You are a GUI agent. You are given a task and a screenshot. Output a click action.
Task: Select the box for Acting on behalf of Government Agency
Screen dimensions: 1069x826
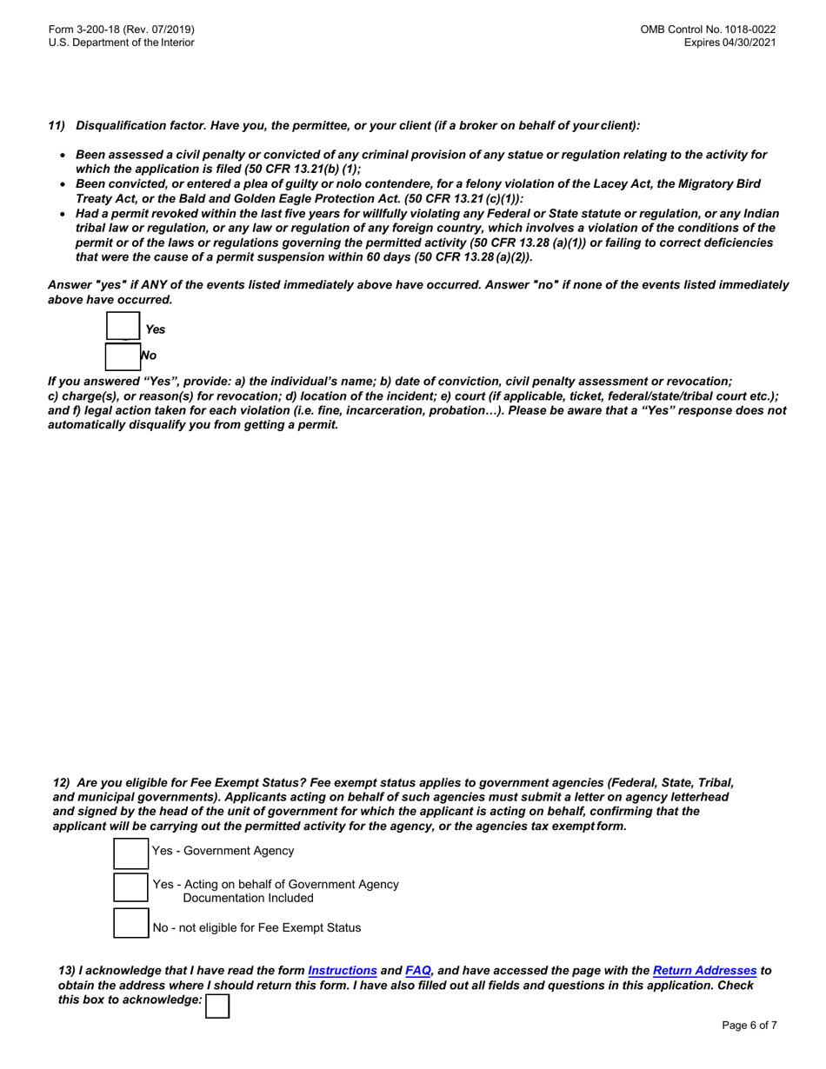tap(131, 888)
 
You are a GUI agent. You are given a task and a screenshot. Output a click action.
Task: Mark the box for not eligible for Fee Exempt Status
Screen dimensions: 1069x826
tap(131, 924)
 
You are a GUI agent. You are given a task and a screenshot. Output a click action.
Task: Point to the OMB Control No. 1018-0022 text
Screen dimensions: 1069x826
tap(708, 29)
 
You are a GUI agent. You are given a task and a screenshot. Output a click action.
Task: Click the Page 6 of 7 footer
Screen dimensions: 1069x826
tap(749, 1025)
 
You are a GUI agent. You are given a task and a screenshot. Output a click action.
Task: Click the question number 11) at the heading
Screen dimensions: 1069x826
tap(57, 125)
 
